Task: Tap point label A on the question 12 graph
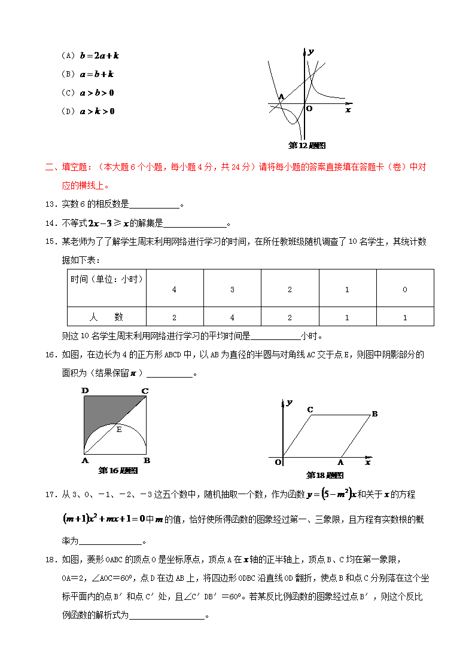tap(281, 97)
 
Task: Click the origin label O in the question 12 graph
tap(309, 109)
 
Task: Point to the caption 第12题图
tap(307, 145)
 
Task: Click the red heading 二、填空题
tap(69, 167)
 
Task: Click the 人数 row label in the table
tap(106, 317)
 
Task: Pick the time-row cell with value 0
tap(405, 289)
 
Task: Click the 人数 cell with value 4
tap(232, 317)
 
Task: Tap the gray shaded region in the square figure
tap(105, 412)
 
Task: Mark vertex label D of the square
tap(85, 391)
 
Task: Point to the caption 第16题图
tap(118, 471)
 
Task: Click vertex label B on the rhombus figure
tap(374, 413)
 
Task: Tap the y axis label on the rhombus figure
tap(289, 403)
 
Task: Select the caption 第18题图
tap(325, 476)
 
